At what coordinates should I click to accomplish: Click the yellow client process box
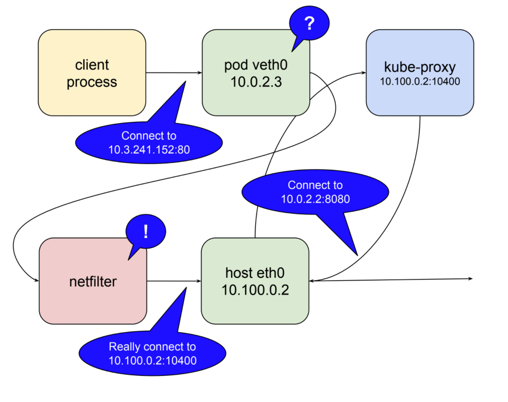pos(92,72)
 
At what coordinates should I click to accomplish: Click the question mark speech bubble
pos(309,25)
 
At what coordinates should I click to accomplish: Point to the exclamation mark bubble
pos(146,232)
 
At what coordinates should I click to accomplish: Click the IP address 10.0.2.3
pos(256,82)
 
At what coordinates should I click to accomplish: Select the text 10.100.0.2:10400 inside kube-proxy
pos(420,81)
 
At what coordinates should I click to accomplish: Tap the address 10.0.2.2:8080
pos(315,198)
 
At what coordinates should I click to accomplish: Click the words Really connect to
pos(152,347)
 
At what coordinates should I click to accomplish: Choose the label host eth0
pos(255,273)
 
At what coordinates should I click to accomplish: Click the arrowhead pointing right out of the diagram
pos(470,279)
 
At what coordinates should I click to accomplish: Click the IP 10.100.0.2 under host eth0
pos(255,290)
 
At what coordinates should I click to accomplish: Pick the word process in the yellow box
pos(92,81)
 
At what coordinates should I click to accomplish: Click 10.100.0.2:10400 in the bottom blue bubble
pos(152,360)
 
